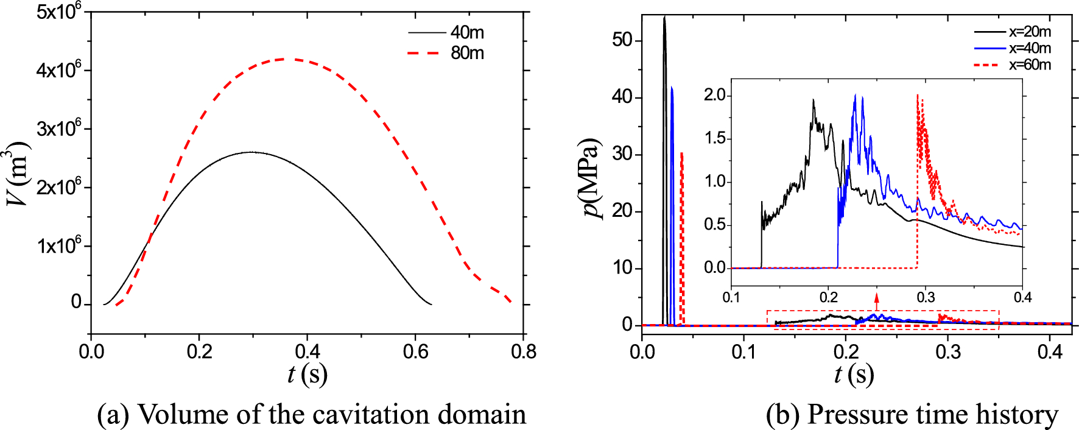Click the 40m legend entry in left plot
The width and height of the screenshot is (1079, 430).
coord(467,32)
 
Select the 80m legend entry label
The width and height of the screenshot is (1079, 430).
coord(467,53)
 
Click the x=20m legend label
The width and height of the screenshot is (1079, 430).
coord(1030,32)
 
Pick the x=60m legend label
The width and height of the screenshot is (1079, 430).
coord(1030,65)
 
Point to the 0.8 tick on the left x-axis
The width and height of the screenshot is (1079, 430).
coord(523,352)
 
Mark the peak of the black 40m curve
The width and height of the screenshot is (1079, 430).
coord(251,152)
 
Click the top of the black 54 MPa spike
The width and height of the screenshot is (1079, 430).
coord(664,17)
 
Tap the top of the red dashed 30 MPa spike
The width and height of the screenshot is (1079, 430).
coord(681,153)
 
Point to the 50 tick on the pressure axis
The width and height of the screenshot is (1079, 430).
coord(622,40)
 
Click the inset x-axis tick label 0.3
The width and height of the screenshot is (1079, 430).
coord(926,297)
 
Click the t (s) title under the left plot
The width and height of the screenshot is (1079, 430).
coord(307,374)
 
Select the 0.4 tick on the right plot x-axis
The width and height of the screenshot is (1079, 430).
coord(1050,352)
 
